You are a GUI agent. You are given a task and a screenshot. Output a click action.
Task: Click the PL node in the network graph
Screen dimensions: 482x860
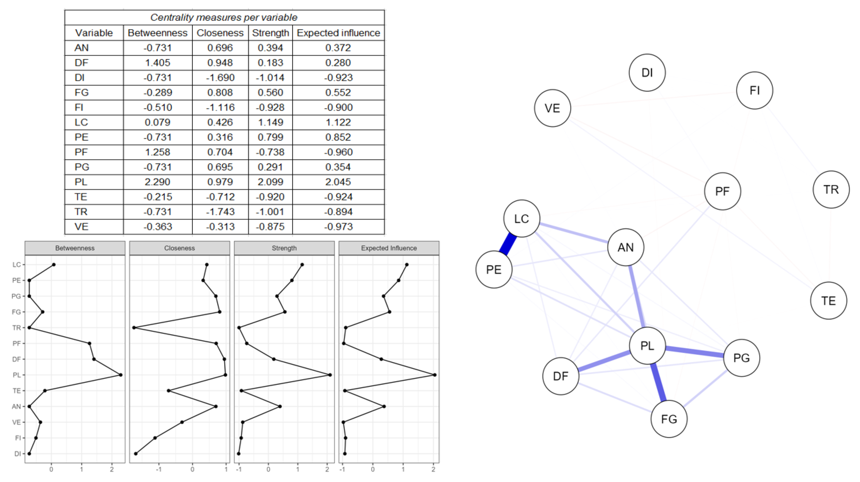click(647, 346)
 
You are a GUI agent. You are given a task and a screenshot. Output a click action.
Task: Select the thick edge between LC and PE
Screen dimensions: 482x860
click(508, 244)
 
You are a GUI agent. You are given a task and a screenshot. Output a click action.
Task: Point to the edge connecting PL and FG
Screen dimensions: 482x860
click(658, 382)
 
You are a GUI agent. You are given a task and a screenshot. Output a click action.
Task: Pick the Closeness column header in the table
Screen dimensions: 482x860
click(220, 33)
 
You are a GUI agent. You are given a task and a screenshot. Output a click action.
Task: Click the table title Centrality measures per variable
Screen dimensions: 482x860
click(224, 17)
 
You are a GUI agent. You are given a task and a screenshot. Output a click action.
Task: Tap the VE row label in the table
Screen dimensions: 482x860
click(81, 227)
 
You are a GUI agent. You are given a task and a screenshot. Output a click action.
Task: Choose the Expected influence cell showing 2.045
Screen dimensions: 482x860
click(338, 182)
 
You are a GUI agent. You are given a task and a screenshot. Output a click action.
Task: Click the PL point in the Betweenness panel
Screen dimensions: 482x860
click(121, 375)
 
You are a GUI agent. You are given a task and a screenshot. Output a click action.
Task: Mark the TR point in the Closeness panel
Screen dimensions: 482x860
click(134, 328)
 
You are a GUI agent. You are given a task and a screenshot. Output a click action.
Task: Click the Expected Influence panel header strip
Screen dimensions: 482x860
click(389, 248)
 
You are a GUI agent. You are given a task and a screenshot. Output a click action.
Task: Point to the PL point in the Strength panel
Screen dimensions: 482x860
click(330, 375)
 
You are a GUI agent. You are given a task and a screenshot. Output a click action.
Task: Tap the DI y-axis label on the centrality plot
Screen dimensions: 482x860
click(17, 454)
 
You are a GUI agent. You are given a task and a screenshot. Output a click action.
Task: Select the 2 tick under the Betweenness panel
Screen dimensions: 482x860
click(112, 469)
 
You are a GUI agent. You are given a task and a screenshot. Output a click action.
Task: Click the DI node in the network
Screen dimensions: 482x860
click(647, 72)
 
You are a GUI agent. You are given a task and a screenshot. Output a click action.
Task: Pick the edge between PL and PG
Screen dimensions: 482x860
click(695, 352)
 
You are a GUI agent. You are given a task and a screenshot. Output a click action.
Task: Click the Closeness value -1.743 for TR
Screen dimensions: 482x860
click(220, 212)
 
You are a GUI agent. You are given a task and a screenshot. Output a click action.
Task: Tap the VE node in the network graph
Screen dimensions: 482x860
click(552, 108)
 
